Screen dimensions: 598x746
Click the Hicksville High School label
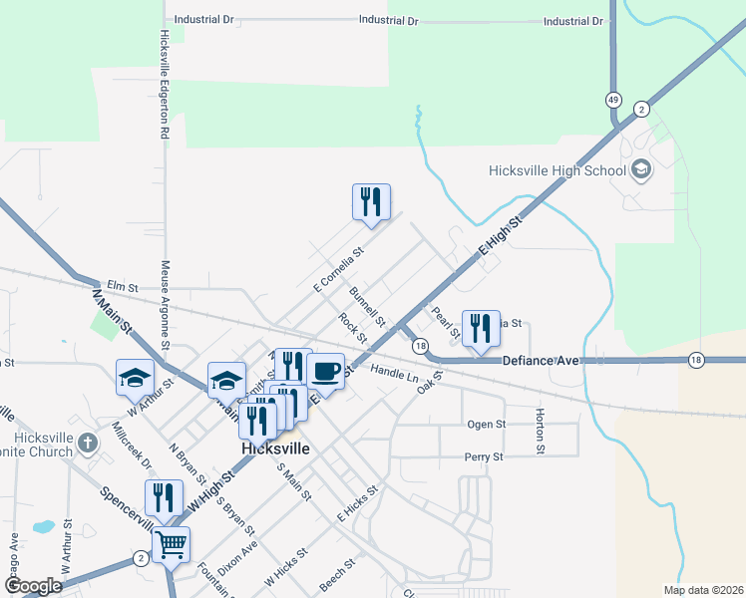pos(557,170)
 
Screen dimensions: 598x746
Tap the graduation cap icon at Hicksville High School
pos(640,169)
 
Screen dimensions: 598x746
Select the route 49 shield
pos(612,100)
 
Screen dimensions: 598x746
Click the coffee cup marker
pos(325,373)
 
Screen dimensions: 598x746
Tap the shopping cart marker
pos(171,545)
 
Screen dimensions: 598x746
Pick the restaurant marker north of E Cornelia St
pos(371,202)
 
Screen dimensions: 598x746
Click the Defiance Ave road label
pos(540,360)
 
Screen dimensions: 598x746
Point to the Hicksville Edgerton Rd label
pos(165,84)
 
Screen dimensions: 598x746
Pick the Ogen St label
pos(487,424)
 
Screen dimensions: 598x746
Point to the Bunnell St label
pos(367,307)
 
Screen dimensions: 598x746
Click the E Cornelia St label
pos(339,270)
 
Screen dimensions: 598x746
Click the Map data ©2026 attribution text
pos(703,590)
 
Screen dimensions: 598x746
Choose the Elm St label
pos(120,286)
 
